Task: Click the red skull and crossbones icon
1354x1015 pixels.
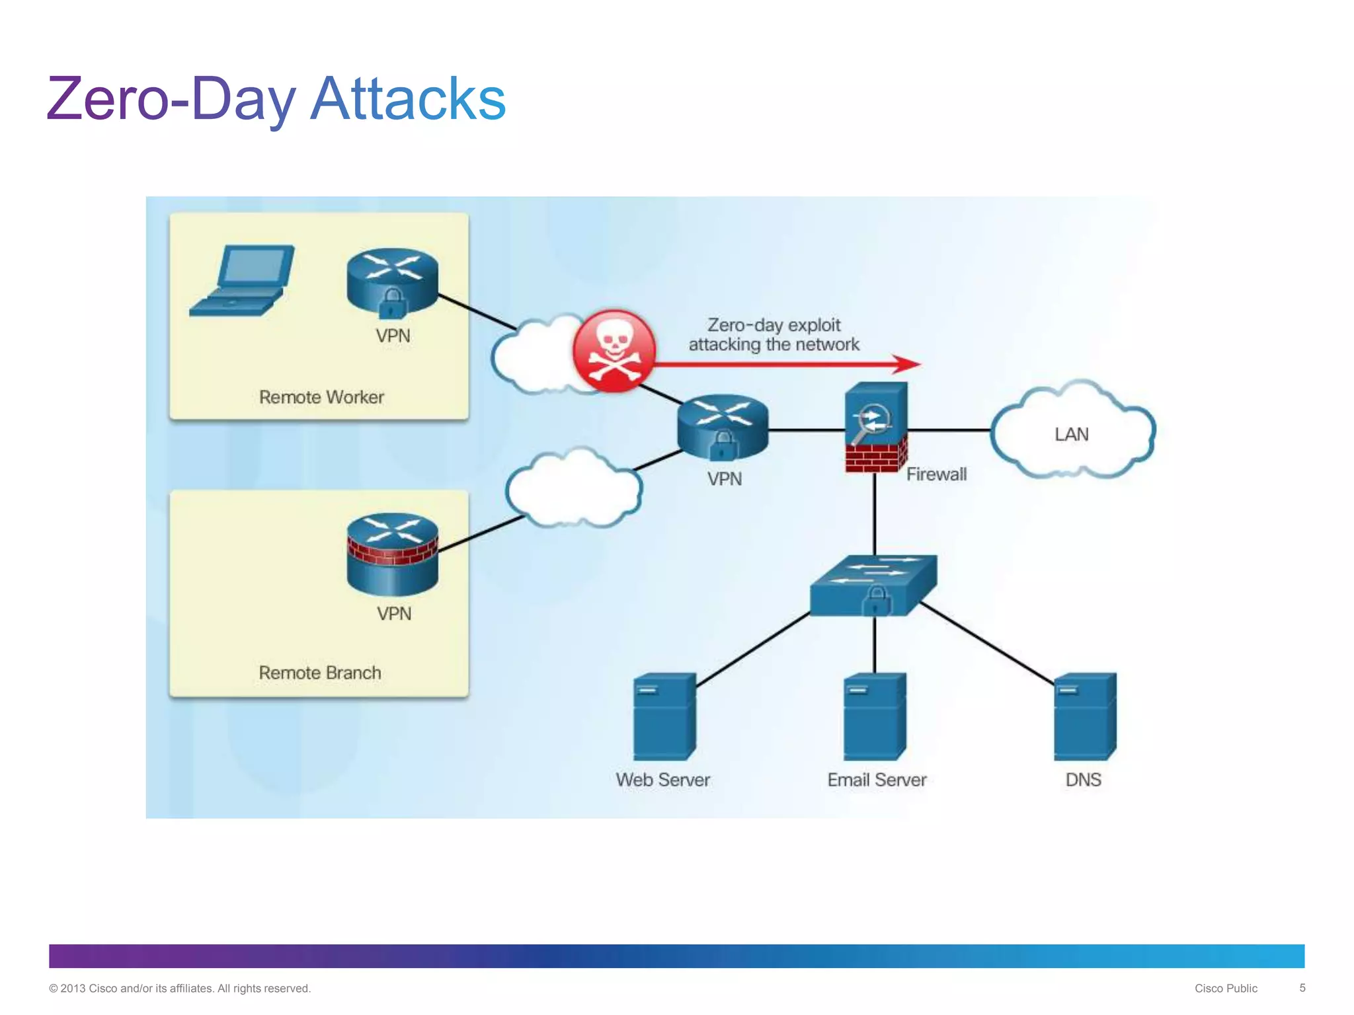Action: (x=614, y=351)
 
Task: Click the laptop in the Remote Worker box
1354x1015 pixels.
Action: (x=243, y=281)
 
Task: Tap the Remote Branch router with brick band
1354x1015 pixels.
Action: (x=392, y=554)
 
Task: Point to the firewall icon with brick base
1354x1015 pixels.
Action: (x=875, y=428)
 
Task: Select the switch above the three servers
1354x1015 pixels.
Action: (x=874, y=584)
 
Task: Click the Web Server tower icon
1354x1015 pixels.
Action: (x=664, y=716)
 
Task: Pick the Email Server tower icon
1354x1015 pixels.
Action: (x=874, y=716)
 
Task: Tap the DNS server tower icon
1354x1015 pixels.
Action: (x=1084, y=716)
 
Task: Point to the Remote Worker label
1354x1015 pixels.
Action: (x=321, y=397)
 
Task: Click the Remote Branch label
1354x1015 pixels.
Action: (x=320, y=673)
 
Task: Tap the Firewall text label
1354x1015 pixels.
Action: (x=936, y=474)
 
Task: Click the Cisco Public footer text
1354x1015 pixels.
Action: (x=1225, y=989)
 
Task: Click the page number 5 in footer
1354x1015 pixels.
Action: (x=1302, y=988)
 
